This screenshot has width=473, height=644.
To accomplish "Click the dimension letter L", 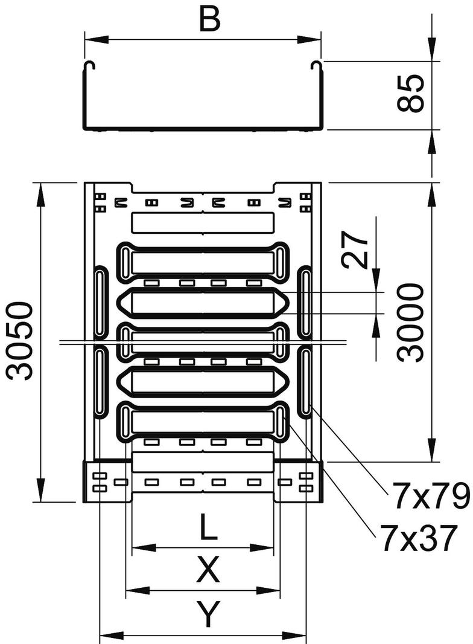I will coord(208,530).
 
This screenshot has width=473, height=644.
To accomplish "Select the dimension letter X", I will coord(208,570).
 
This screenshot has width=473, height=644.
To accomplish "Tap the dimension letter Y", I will coord(208,615).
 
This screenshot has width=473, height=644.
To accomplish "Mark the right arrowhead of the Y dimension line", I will coord(299,635).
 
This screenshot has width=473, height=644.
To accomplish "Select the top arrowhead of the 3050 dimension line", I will coord(41,192).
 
